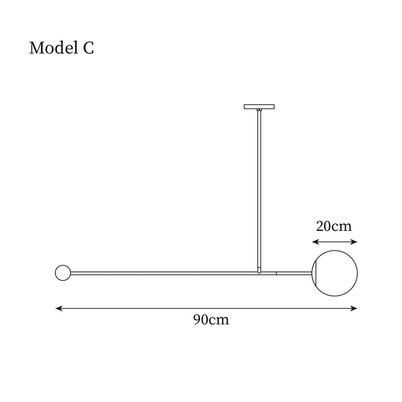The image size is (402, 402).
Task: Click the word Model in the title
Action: [x=54, y=48]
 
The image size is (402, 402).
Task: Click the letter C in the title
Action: [x=88, y=48]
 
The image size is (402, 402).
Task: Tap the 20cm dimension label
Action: [x=334, y=226]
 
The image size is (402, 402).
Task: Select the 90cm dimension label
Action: [x=211, y=320]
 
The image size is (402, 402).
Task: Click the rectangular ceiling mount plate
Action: [x=259, y=107]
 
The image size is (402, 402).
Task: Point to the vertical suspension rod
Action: [x=259, y=191]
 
